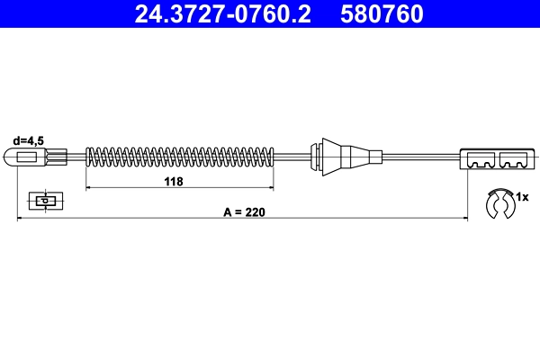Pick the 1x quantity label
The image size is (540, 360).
[x=526, y=196]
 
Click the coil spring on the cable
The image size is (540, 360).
[x=179, y=157]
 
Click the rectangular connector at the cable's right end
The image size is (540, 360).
[x=498, y=157]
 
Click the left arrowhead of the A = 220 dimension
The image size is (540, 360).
[x=21, y=219]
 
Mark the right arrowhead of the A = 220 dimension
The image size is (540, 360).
[x=463, y=219]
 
